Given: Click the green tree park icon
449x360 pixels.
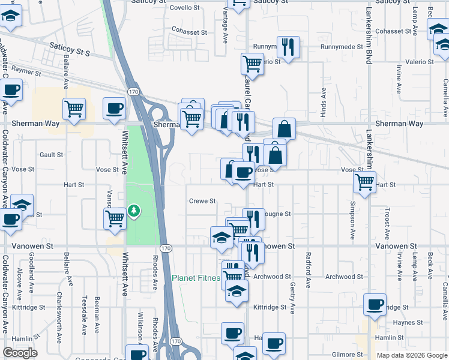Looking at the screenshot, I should pyautogui.click(x=133, y=211).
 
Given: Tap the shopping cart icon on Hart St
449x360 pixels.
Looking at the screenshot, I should pyautogui.click(x=365, y=182).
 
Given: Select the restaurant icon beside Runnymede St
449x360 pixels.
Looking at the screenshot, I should pyautogui.click(x=288, y=46).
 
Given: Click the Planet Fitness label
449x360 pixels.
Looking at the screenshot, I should pyautogui.click(x=196, y=278).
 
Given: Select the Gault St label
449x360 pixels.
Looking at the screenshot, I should pyautogui.click(x=51, y=155).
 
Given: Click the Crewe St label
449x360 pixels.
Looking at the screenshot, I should pyautogui.click(x=202, y=201).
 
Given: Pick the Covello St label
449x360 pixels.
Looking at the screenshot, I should pyautogui.click(x=184, y=8).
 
